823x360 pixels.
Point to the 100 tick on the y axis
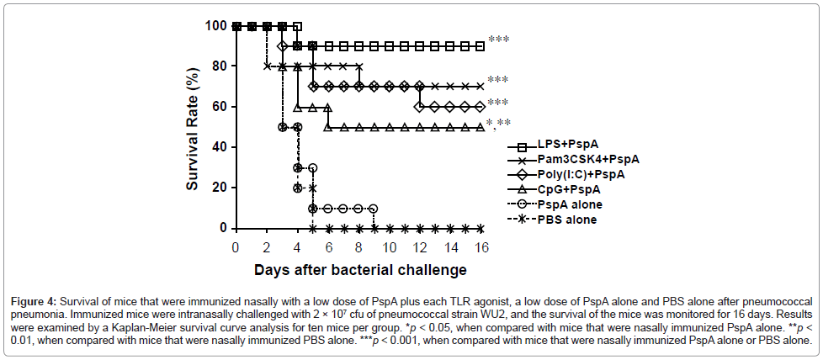click(x=215, y=26)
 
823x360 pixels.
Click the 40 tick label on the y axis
click(x=219, y=147)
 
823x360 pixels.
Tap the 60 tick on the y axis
click(x=219, y=107)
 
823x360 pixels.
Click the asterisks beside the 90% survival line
click(x=498, y=40)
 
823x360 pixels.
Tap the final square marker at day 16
click(x=480, y=46)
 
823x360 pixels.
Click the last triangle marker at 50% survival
click(x=480, y=127)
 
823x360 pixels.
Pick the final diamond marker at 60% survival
click(x=480, y=107)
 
